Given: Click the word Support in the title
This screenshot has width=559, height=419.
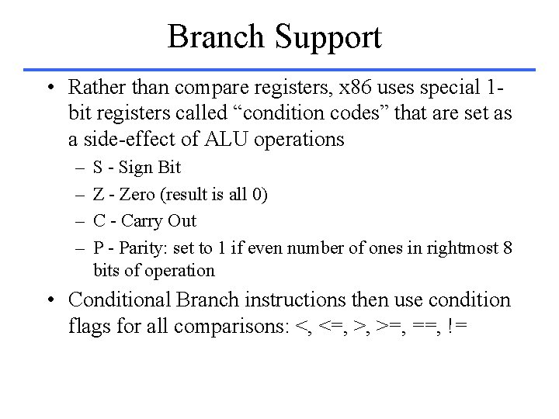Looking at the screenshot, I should (x=328, y=37).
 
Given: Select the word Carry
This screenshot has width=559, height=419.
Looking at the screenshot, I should (x=143, y=221).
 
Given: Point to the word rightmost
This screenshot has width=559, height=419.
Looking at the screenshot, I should (x=461, y=248).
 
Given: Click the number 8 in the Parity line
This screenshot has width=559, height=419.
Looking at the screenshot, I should (x=507, y=248).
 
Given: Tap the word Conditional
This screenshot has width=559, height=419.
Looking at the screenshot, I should (x=120, y=299).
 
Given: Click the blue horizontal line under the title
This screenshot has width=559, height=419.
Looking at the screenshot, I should (x=279, y=68).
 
